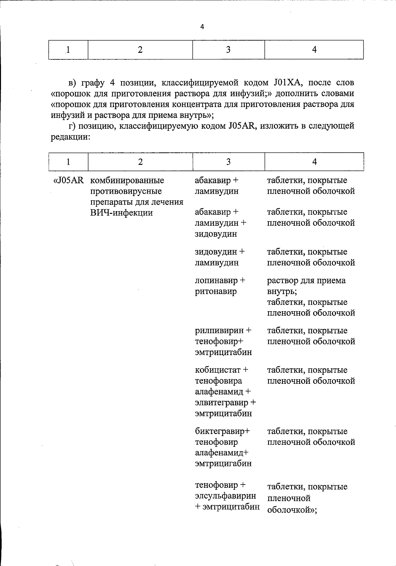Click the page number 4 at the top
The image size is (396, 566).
click(202, 27)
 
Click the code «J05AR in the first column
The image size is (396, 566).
click(69, 181)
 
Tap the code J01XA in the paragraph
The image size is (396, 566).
click(286, 82)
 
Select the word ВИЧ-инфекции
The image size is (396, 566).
click(121, 213)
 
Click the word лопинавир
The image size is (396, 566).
click(216, 281)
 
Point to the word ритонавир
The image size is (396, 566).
click(215, 291)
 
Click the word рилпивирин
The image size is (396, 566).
click(219, 330)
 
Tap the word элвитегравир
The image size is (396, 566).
click(222, 403)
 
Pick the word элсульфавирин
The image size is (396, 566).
click(225, 496)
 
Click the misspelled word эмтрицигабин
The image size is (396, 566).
click(223, 463)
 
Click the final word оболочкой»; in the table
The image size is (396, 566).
click(292, 510)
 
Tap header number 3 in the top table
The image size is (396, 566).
click(228, 50)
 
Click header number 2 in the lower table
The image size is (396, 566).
click(141, 162)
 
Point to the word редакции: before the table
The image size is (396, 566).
click(70, 137)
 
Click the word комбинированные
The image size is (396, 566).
click(127, 181)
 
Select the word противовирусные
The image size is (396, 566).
click(126, 191)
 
